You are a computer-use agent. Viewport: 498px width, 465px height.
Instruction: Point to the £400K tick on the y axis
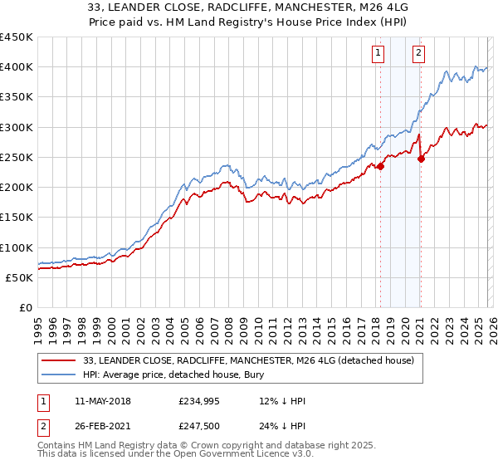[x=17, y=67]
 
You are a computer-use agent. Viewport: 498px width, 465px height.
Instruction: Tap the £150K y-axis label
[x=17, y=218]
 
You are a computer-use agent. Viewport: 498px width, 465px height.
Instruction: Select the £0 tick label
[x=25, y=308]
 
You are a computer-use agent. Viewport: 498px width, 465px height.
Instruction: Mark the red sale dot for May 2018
[x=380, y=167]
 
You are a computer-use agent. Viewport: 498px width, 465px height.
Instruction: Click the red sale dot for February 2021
[x=421, y=159]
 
